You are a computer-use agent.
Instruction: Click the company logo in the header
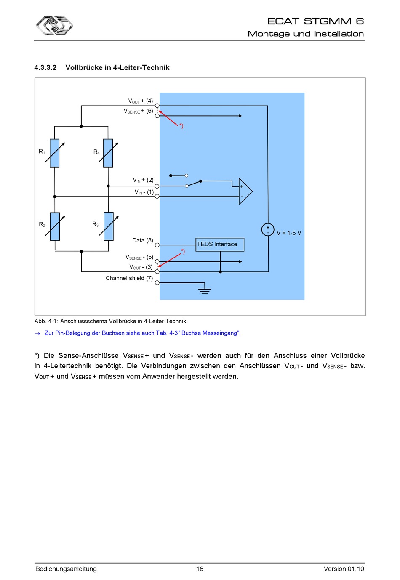click(54, 25)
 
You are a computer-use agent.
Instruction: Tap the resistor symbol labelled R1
click(54, 153)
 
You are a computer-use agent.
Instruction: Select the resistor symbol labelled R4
click(108, 153)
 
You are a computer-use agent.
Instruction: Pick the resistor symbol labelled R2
click(55, 226)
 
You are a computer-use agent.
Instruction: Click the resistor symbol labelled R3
click(109, 226)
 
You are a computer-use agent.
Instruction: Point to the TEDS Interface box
click(220, 245)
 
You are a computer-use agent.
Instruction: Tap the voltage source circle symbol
click(268, 229)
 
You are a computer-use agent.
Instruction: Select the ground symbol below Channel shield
click(204, 291)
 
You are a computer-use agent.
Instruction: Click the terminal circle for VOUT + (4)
click(157, 106)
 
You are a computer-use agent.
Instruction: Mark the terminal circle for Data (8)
click(157, 245)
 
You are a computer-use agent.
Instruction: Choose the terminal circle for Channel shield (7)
click(157, 283)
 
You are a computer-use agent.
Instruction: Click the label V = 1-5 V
click(289, 233)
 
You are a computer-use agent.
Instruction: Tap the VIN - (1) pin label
click(144, 192)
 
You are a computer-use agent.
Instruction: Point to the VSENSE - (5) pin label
click(139, 257)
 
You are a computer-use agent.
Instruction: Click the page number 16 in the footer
click(200, 569)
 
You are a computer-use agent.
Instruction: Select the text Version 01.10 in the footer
click(344, 569)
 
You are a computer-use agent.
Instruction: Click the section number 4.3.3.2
click(45, 68)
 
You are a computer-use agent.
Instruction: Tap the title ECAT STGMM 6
click(315, 21)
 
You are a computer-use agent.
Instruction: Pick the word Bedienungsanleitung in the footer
click(66, 569)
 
